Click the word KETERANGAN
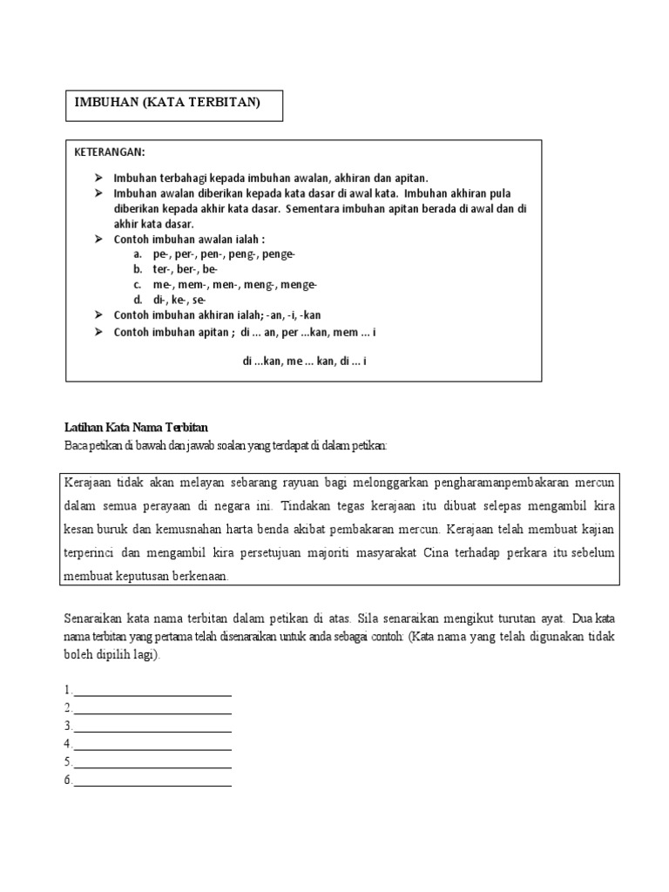pyautogui.click(x=111, y=152)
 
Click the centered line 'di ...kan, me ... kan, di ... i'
pyautogui.click(x=304, y=360)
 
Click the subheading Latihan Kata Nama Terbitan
pyautogui.click(x=137, y=427)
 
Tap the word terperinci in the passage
pyautogui.click(x=91, y=552)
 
